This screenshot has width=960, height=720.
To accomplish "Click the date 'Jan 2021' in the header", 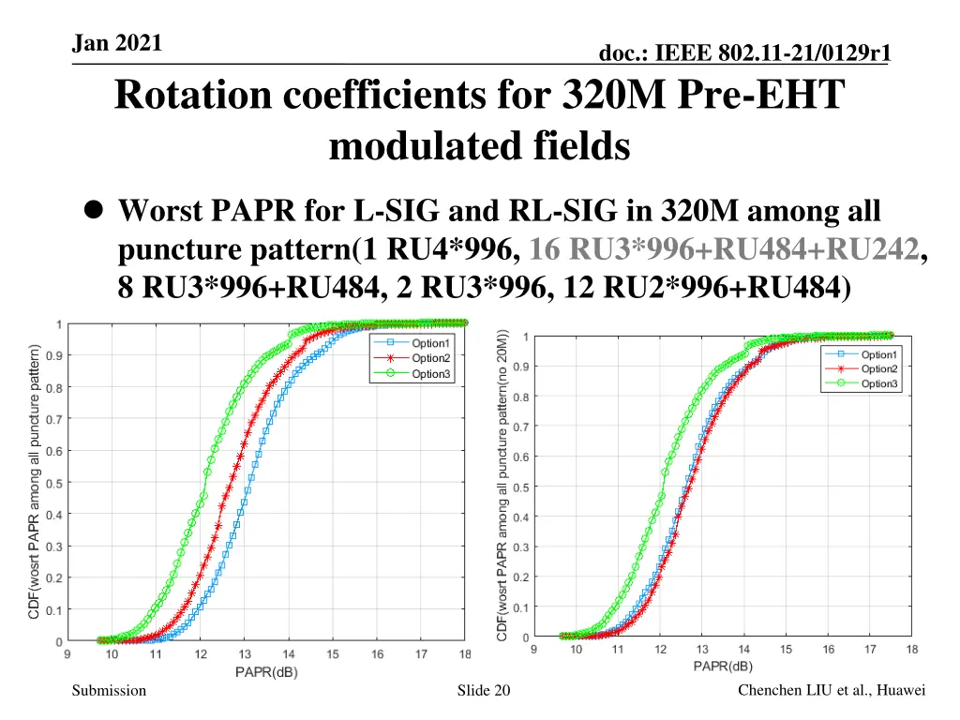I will click(x=117, y=42).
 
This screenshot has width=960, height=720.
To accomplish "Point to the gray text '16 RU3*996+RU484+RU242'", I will click(x=724, y=250).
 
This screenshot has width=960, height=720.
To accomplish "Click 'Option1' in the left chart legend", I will click(x=431, y=343).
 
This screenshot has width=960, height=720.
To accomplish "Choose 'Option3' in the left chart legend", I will click(x=431, y=374).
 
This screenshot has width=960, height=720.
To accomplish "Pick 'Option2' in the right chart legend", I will click(x=879, y=369).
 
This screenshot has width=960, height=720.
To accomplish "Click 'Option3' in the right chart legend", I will click(x=879, y=384).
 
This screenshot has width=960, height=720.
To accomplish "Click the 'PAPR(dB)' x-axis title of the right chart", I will click(x=722, y=667).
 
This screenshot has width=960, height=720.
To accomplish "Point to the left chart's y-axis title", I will click(x=34, y=482).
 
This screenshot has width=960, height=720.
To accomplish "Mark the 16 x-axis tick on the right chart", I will click(x=829, y=650).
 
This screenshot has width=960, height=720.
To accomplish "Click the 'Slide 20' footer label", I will click(x=483, y=691).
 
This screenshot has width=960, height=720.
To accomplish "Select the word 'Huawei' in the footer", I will click(x=901, y=691).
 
